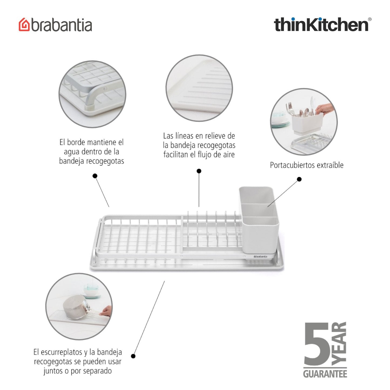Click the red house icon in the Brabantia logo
[24, 25]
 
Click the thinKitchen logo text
[321, 25]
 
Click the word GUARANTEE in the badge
[325, 374]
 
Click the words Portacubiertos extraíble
[307, 165]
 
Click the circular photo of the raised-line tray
[199, 88]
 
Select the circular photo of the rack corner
[92, 94]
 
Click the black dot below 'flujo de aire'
[199, 171]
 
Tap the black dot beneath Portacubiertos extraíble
[299, 179]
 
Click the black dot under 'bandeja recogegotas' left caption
[95, 176]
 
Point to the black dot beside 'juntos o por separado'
[133, 356]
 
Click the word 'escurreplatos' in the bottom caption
[61, 352]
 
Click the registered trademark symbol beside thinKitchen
[369, 19]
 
